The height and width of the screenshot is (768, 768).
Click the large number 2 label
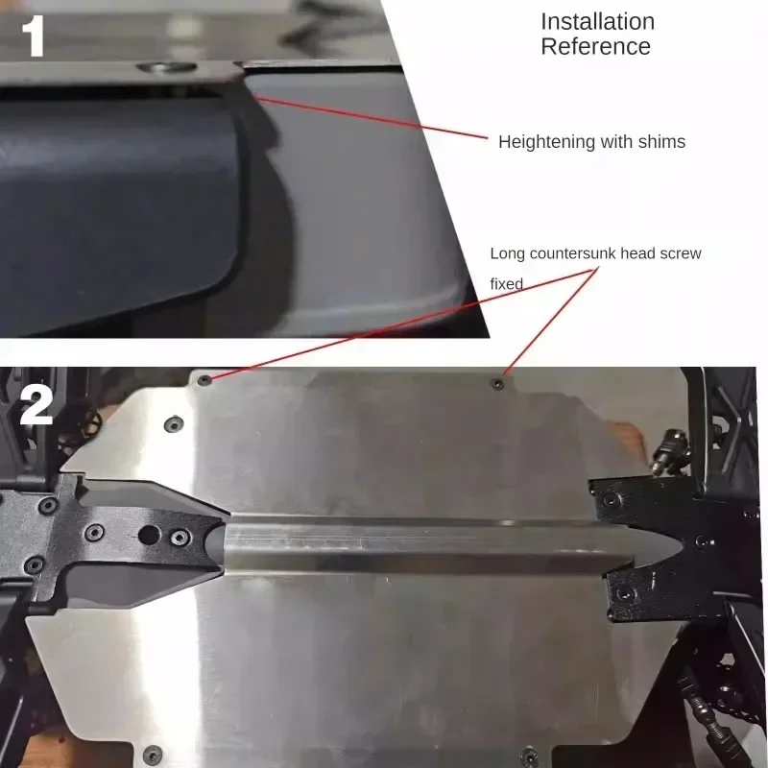pyautogui.click(x=36, y=406)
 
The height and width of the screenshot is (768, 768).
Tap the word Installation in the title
pyautogui.click(x=597, y=21)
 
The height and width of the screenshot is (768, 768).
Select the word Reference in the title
pyautogui.click(x=595, y=46)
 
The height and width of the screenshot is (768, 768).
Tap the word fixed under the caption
pyautogui.click(x=506, y=285)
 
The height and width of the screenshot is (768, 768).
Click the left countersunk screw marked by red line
pyautogui.click(x=204, y=380)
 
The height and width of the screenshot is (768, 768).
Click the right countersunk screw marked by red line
pyautogui.click(x=496, y=384)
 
